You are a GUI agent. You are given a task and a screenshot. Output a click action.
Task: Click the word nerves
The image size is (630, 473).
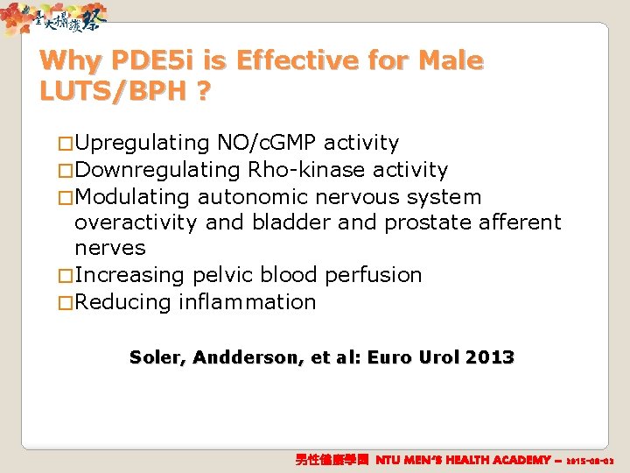(x=110, y=249)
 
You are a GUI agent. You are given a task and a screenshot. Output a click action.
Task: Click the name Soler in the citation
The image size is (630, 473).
(x=157, y=357)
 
